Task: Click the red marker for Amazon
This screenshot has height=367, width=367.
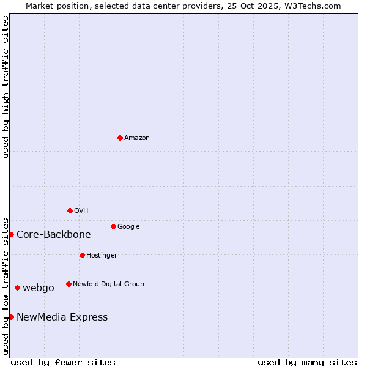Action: (x=120, y=138)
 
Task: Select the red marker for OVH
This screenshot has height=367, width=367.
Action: (x=70, y=210)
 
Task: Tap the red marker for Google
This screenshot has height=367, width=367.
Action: (x=113, y=226)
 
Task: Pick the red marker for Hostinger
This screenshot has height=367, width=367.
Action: (x=82, y=255)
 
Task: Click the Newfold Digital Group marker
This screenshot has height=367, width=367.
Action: (x=69, y=284)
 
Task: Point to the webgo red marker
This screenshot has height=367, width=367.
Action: (x=17, y=287)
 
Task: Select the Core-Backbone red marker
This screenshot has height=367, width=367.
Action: (x=11, y=234)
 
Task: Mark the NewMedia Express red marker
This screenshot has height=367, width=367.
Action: (x=11, y=317)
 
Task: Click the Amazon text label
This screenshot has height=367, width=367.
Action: (x=137, y=138)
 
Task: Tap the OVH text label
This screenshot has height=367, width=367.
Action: (x=81, y=211)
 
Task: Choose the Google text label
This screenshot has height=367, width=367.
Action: (x=128, y=227)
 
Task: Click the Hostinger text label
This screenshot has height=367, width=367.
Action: (x=102, y=256)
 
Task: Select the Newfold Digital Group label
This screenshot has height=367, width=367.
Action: (x=108, y=284)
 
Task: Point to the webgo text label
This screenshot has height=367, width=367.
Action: (x=39, y=288)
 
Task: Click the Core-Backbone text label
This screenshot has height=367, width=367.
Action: (x=54, y=235)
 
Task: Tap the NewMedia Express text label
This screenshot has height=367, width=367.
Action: (x=62, y=317)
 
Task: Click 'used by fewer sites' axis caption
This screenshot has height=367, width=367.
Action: (x=63, y=362)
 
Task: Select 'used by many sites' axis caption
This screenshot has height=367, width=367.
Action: (x=307, y=362)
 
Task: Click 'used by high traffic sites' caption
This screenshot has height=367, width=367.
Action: (x=6, y=87)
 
